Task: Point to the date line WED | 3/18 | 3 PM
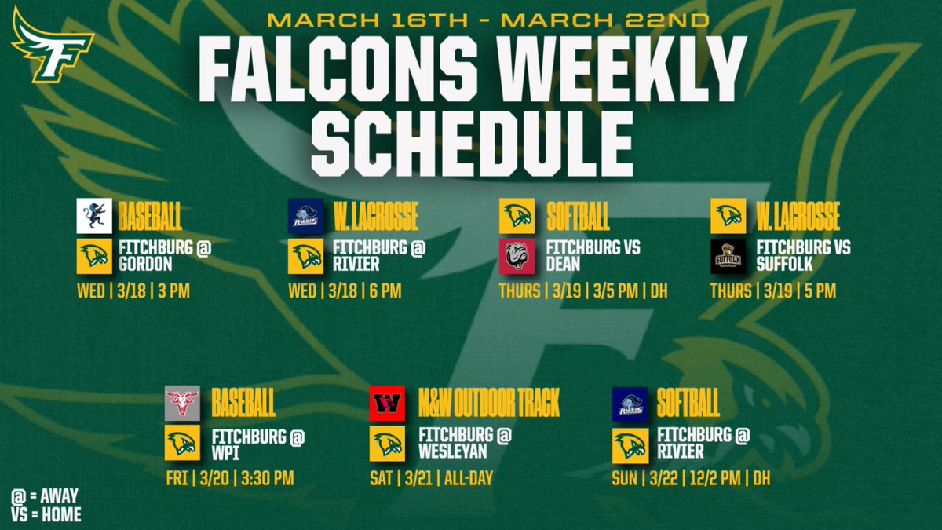click(x=133, y=291)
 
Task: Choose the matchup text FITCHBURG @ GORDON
click(x=166, y=255)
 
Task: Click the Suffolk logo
click(x=728, y=256)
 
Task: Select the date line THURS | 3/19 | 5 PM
click(x=772, y=291)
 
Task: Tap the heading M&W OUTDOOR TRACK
click(x=488, y=405)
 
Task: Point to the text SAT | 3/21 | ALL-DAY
click(x=431, y=478)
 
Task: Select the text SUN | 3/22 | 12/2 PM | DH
click(x=691, y=478)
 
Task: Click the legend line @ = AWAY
click(x=45, y=496)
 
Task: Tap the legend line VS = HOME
click(x=46, y=515)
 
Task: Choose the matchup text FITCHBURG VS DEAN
click(x=593, y=255)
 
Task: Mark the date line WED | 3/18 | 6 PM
click(x=345, y=291)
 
